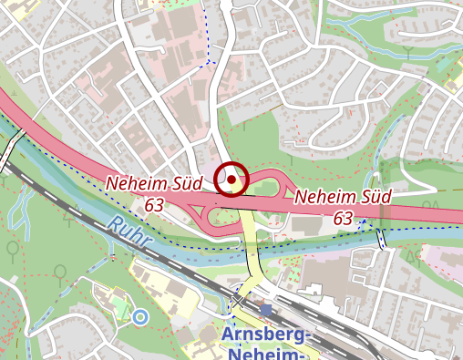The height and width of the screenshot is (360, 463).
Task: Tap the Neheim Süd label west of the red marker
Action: click(153, 183)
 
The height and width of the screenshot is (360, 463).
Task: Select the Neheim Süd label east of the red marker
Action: click(343, 196)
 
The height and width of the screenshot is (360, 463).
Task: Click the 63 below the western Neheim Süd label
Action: click(153, 205)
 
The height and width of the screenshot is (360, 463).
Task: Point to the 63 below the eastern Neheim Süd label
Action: click(343, 218)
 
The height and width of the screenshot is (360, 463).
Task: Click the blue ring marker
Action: click(139, 316)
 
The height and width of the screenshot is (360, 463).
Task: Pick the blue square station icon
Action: click(265, 310)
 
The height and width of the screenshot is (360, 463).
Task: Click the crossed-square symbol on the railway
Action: click(239, 299)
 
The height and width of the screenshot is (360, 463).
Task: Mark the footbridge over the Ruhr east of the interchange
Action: click(381, 239)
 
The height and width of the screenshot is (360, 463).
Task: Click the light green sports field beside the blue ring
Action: click(121, 307)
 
